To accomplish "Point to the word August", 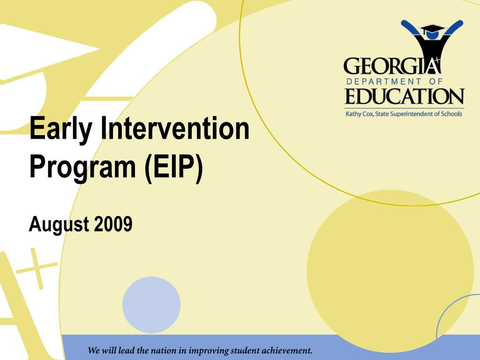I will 59,225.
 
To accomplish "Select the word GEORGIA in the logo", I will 392,67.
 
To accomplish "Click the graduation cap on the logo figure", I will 432,29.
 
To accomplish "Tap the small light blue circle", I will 151,305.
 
